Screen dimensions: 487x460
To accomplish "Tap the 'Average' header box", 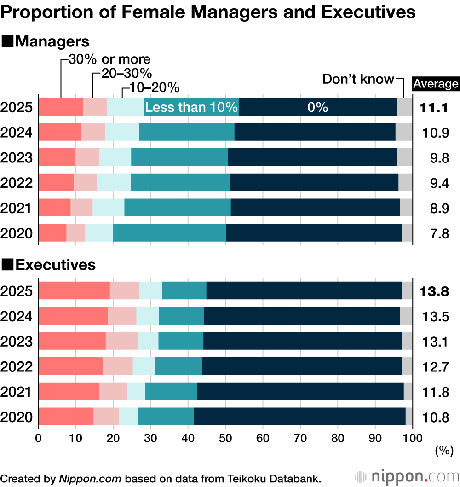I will point(436,84).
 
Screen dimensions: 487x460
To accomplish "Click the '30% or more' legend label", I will point(109,59).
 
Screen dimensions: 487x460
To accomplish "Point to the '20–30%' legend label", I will point(124,73).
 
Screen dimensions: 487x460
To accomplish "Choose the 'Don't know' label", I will point(358,79).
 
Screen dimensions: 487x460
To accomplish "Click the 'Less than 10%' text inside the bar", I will point(191,108).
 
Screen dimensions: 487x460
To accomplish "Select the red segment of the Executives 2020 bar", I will point(66,417).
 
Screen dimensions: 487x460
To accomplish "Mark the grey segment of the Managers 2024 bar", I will point(404,132).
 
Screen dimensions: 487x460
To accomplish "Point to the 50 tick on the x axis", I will point(225,435).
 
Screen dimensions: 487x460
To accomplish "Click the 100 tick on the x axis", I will point(413,435).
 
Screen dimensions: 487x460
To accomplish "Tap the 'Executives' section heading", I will point(55,265).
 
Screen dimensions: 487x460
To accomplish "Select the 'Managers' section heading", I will point(52,41).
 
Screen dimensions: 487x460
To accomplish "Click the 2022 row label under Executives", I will point(17,367).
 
